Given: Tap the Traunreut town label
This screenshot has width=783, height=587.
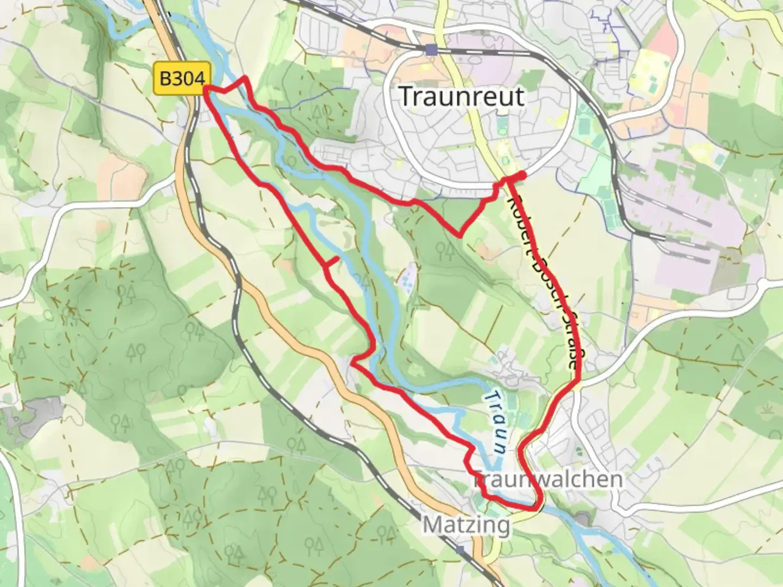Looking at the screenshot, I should pyautogui.click(x=462, y=97).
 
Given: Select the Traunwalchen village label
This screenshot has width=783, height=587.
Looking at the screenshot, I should pyautogui.click(x=548, y=479).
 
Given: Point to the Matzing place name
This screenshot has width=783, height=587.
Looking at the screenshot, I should pyautogui.click(x=467, y=525).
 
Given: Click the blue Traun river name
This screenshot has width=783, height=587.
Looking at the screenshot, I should pyautogui.click(x=496, y=422).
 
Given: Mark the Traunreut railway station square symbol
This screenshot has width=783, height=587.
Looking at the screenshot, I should pyautogui.click(x=431, y=50).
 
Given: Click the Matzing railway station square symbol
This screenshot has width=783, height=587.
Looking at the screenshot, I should pyautogui.click(x=461, y=550).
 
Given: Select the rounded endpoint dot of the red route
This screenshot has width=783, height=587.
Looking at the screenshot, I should pyautogui.click(x=521, y=175).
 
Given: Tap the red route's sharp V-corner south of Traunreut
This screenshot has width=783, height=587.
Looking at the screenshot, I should pyautogui.click(x=460, y=236).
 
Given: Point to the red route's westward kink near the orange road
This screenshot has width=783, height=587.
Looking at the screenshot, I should pyautogui.click(x=353, y=361).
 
